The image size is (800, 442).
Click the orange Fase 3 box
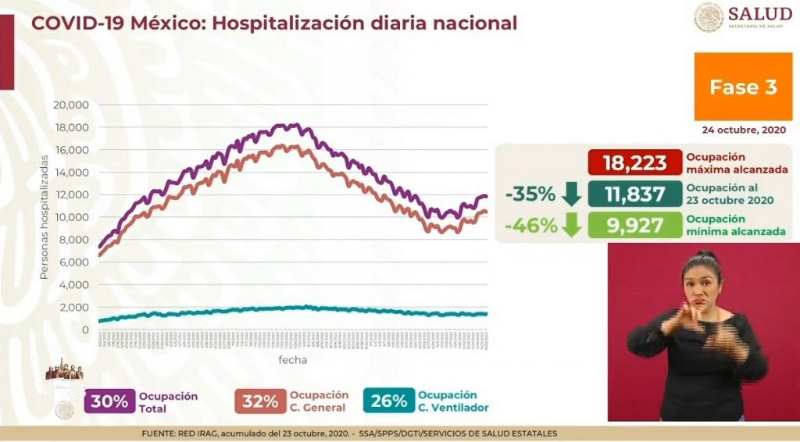742,87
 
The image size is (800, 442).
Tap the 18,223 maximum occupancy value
634,163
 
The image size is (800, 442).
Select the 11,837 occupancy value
634,194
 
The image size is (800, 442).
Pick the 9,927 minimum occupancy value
634,226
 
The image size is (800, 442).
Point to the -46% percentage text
531,226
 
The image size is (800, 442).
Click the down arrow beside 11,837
571,194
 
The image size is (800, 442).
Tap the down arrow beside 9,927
571,226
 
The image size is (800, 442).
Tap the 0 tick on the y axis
86,330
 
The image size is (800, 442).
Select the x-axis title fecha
293,360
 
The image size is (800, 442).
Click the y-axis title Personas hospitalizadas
44,221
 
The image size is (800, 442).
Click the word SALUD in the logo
760,13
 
